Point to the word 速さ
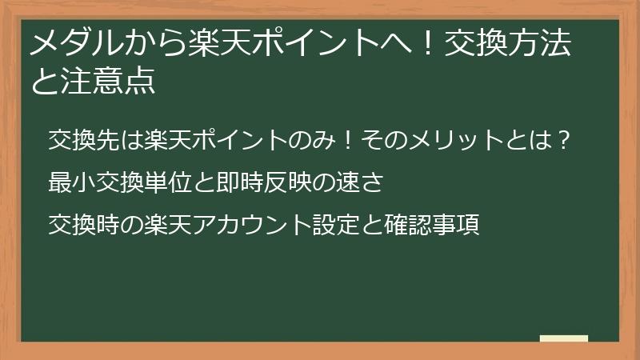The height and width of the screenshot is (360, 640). (x=370, y=182)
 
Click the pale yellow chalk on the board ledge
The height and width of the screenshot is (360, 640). (x=564, y=338)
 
